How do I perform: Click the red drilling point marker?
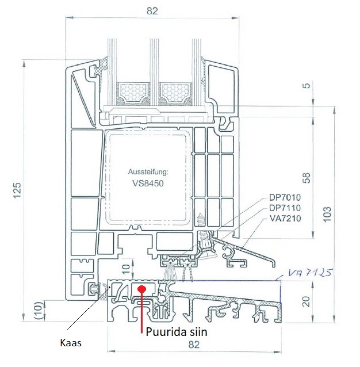tap(141, 289)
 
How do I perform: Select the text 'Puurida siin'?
tap(177, 332)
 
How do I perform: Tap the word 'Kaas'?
tap(71, 343)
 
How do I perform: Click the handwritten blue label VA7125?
tap(310, 273)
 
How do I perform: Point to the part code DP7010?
tap(285, 197)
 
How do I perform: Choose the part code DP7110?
tap(285, 208)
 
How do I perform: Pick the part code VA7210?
tap(285, 219)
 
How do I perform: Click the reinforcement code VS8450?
tap(148, 183)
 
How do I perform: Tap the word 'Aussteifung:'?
tap(148, 172)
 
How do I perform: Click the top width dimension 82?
tap(152, 11)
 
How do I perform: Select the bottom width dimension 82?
tap(194, 345)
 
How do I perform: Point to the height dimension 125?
tap(17, 190)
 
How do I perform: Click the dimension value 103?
tap(327, 214)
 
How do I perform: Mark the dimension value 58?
tap(306, 178)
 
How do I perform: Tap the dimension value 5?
tap(306, 86)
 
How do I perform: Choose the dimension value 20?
tap(306, 301)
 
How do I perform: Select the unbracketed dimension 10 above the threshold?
tap(126, 269)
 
